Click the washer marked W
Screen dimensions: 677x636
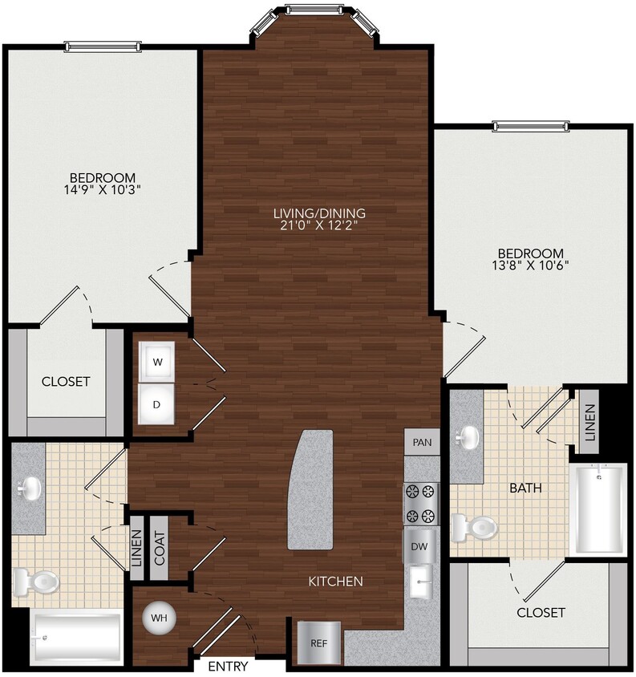[x=158, y=362]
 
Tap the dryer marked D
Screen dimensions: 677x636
[x=158, y=404]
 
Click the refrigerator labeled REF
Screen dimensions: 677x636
[x=319, y=643]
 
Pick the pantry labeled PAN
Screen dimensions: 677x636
[x=422, y=442]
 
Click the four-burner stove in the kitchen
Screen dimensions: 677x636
[x=422, y=503]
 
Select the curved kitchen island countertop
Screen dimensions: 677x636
[x=311, y=490]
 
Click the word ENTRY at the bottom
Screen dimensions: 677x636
[x=228, y=667]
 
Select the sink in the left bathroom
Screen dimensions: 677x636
[x=30, y=485]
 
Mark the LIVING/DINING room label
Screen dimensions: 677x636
[x=319, y=219]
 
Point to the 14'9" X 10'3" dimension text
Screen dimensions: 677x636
[x=102, y=191]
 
